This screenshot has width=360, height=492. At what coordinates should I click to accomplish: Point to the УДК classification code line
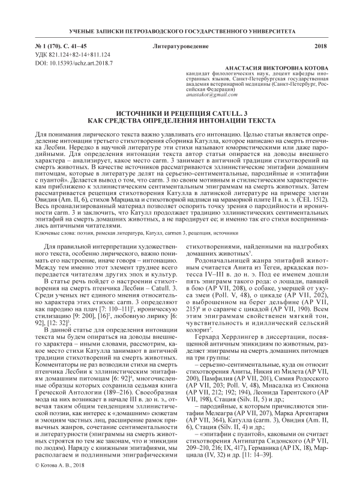pyautogui.click(x=67, y=54)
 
